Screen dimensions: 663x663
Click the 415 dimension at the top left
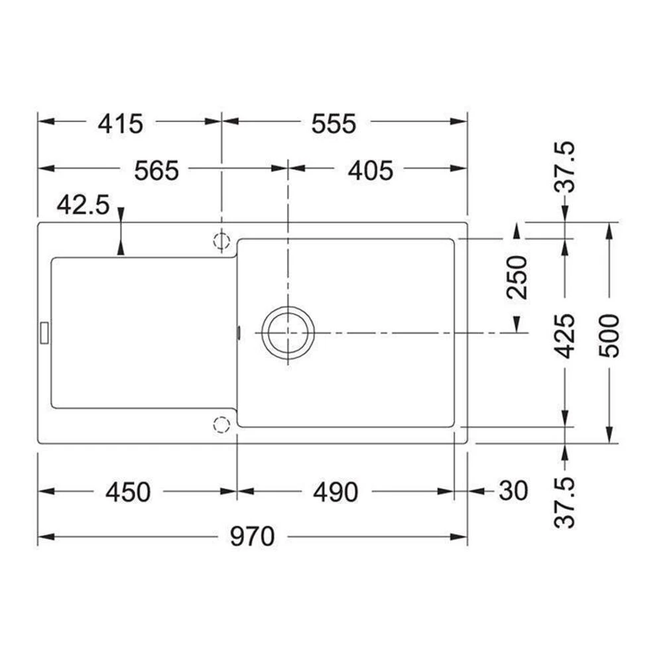click(120, 123)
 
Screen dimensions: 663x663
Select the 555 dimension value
click(334, 123)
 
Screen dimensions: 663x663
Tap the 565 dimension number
click(156, 170)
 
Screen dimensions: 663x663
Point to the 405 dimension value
click(371, 170)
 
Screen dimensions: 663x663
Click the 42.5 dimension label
click(83, 205)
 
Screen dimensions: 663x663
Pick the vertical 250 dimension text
click(516, 277)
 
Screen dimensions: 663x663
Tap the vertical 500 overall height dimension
click(609, 335)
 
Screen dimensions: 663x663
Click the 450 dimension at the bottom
click(128, 492)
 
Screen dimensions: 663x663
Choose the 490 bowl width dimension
click(335, 492)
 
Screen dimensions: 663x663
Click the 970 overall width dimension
click(252, 536)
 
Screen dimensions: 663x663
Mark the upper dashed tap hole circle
click(221, 241)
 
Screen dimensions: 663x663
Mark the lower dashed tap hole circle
click(221, 424)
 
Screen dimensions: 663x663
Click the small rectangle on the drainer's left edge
click(44, 332)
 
